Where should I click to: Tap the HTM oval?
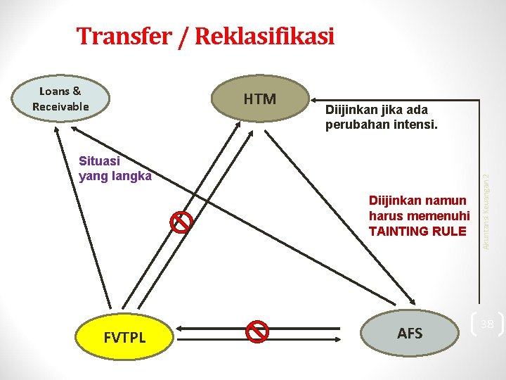[x=259, y=99]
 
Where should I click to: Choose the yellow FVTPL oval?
[x=125, y=337]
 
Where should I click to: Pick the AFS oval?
[x=410, y=332]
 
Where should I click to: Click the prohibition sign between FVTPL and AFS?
[x=258, y=331]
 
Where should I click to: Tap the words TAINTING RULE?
[x=417, y=231]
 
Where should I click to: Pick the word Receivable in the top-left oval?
[x=60, y=106]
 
